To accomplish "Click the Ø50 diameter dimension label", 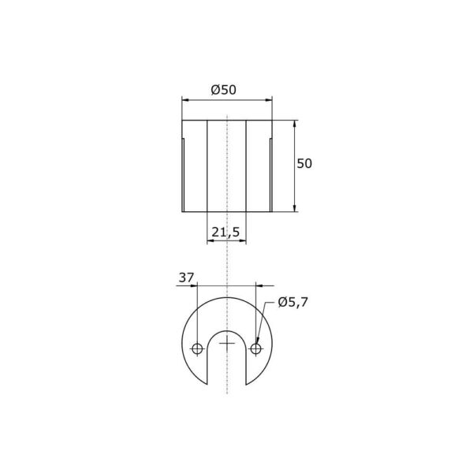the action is click(x=224, y=90).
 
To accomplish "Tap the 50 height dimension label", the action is click(x=304, y=163).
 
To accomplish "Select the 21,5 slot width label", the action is click(x=225, y=233).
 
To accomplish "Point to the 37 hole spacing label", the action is click(x=186, y=277).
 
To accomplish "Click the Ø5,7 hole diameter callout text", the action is click(x=293, y=302).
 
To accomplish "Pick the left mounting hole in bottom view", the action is click(x=197, y=349).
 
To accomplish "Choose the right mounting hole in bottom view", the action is click(x=255, y=349).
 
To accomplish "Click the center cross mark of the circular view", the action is click(x=227, y=343).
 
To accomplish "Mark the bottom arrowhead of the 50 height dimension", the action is click(x=294, y=208).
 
